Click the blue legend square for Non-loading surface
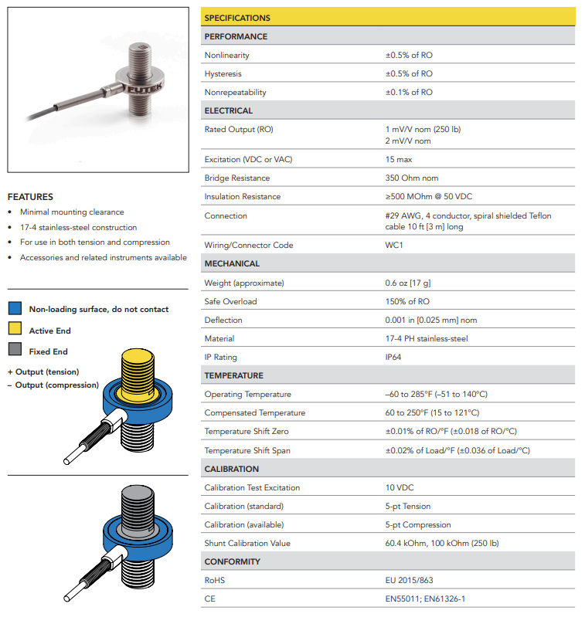pos(15,309)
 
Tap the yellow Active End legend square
pos(15,331)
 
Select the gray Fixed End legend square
pos(15,351)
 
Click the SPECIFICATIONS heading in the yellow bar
pos(237,18)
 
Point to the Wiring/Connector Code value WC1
pos(394,246)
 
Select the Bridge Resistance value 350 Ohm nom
pos(412,178)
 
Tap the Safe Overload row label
pos(230,301)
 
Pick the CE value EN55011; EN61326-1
pos(425,599)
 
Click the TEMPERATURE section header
pos(233,376)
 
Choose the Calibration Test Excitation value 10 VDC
pos(401,488)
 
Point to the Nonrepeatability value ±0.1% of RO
pos(409,93)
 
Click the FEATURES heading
pos(30,197)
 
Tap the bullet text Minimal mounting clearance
pos(72,212)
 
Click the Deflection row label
pos(223,320)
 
